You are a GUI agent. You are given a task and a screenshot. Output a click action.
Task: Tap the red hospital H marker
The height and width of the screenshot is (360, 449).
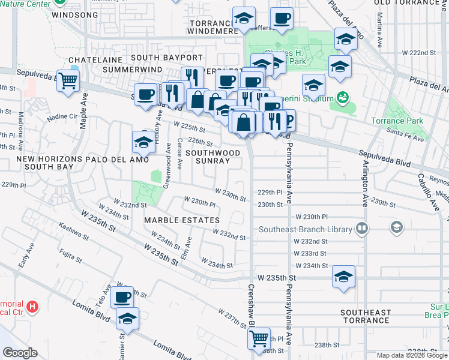tap(34, 307)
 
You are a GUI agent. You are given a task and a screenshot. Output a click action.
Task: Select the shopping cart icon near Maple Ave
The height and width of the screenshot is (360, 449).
tap(68, 80)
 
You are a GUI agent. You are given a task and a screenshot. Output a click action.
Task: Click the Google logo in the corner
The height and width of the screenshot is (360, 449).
tap(20, 353)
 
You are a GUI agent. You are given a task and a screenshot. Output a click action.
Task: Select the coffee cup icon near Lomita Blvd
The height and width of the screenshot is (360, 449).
tap(123, 296)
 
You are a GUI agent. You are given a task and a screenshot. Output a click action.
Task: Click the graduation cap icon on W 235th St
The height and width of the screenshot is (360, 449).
tap(343, 277)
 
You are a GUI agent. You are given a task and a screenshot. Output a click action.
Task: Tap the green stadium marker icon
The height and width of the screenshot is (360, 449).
tap(343, 97)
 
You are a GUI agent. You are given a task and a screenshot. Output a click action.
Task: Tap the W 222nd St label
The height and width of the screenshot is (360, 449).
tap(418, 53)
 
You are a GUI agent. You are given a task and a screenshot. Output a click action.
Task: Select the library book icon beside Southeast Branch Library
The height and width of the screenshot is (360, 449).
tap(362, 228)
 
